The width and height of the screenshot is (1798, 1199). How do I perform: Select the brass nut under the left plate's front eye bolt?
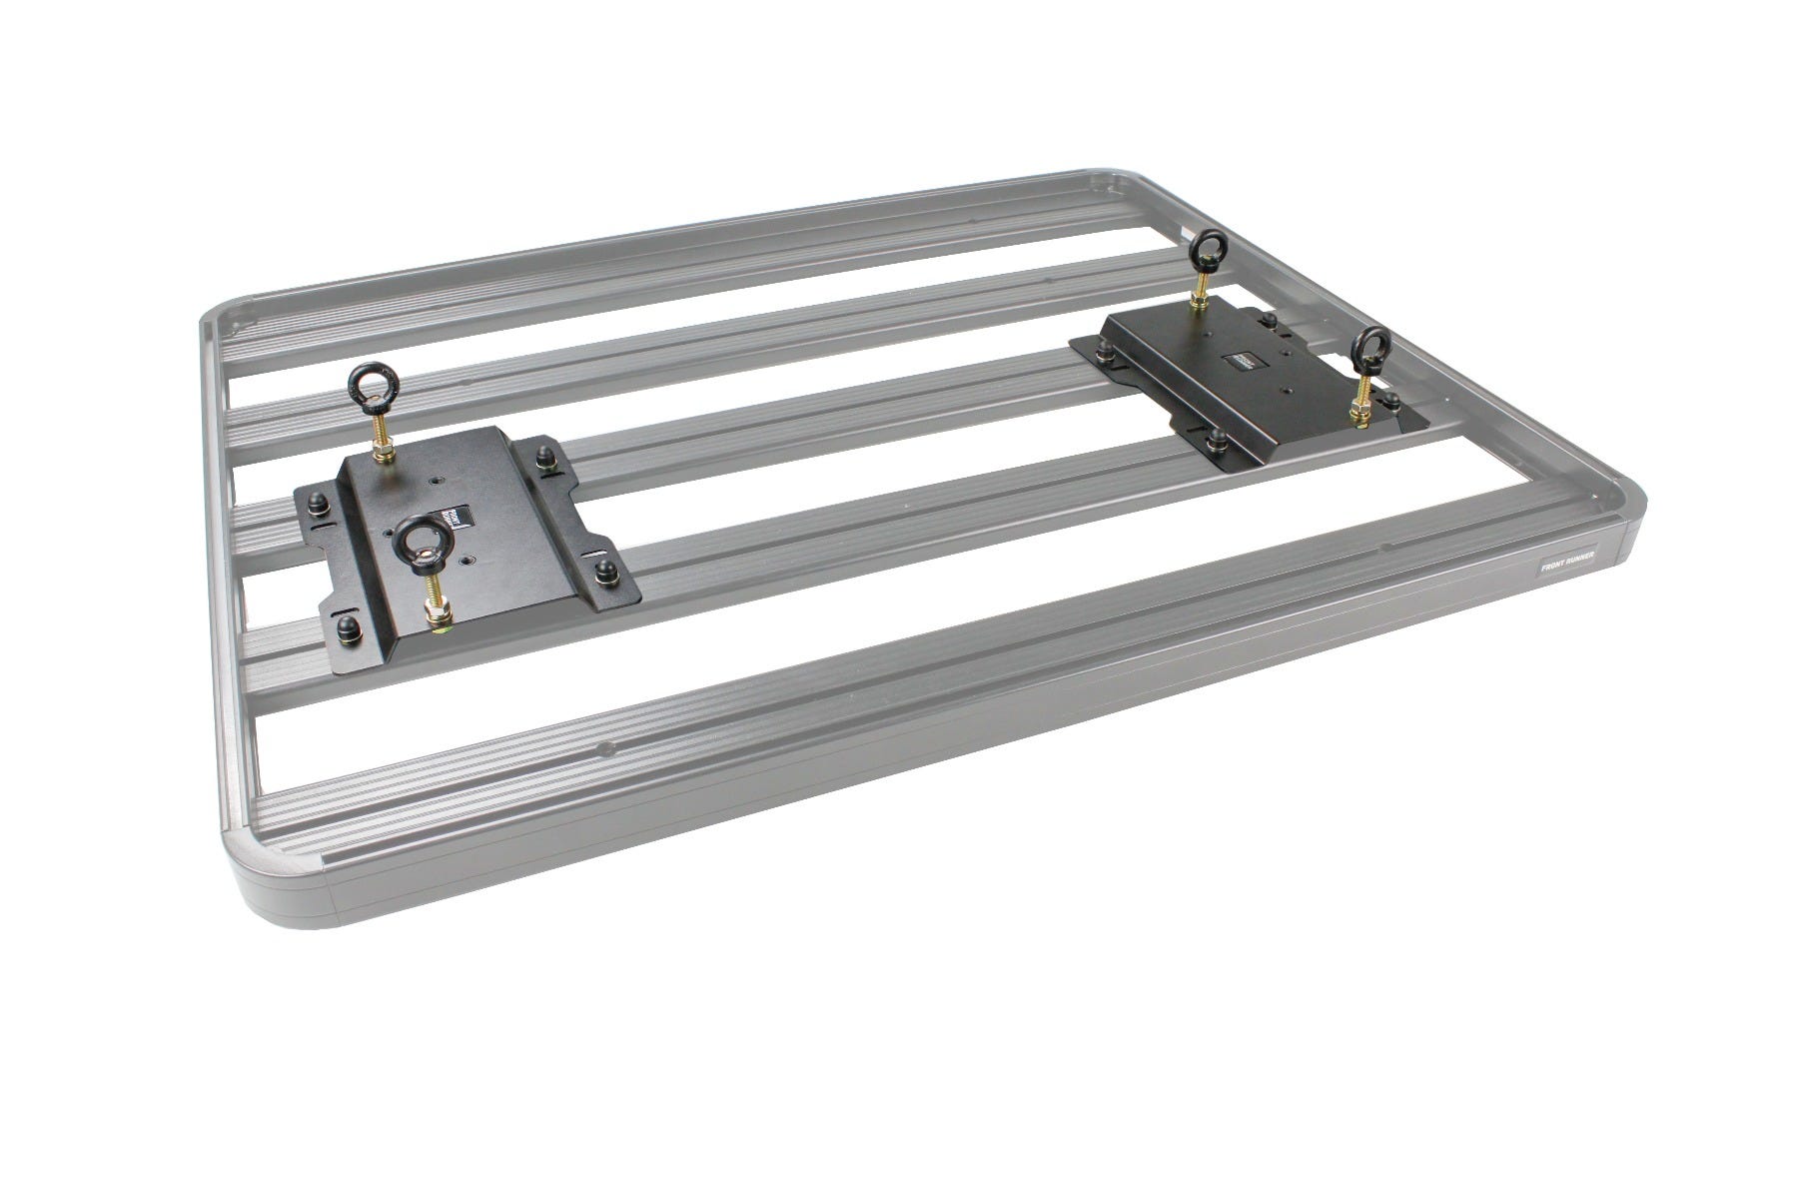click(438, 614)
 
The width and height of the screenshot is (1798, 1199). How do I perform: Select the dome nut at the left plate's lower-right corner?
click(605, 572)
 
